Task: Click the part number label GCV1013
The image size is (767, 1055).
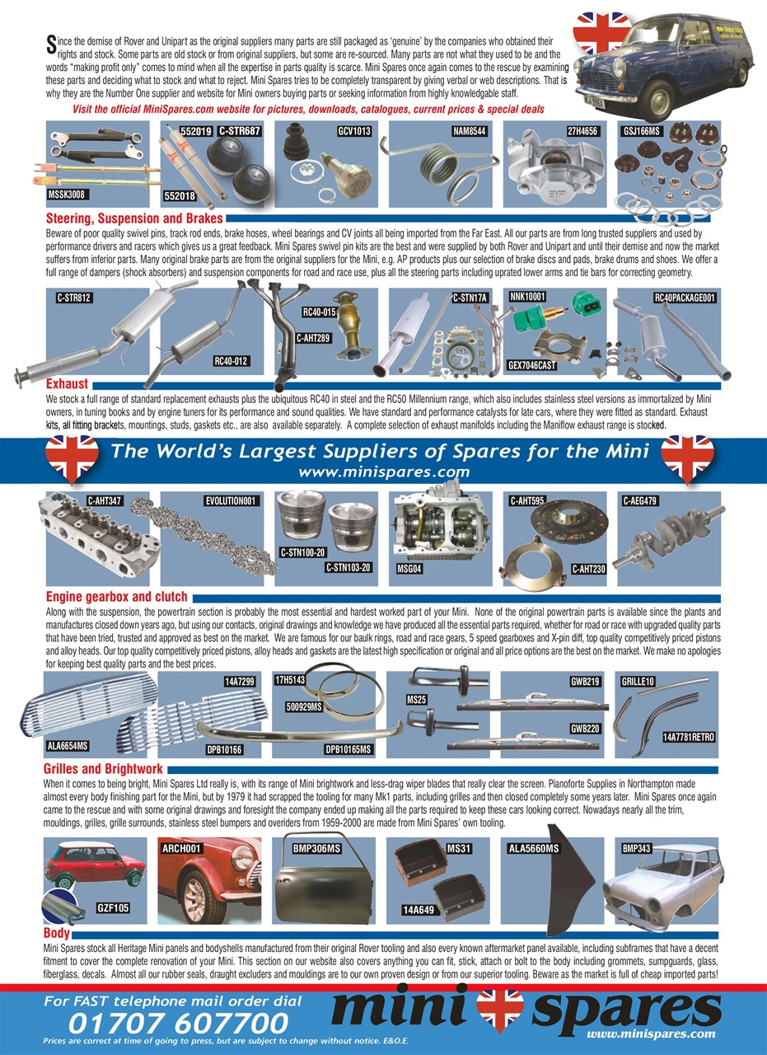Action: (x=354, y=130)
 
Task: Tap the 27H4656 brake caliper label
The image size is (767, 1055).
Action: (x=582, y=130)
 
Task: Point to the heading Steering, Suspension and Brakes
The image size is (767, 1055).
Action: (x=134, y=218)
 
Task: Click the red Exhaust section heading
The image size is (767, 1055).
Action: (x=67, y=383)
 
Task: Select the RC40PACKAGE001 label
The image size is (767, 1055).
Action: (x=685, y=297)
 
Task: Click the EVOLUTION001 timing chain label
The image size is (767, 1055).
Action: (x=232, y=500)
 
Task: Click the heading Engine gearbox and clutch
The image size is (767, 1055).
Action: (x=117, y=596)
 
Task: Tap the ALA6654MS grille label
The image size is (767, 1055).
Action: (x=67, y=746)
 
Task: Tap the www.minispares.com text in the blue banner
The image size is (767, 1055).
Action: (x=384, y=472)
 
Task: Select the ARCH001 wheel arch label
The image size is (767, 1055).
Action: (x=182, y=847)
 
